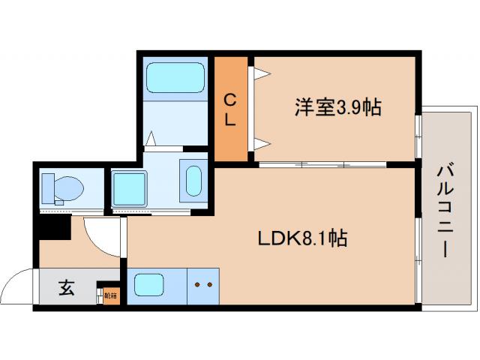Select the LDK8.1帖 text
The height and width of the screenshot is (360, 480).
(303, 238)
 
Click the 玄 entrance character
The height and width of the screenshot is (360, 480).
(67, 288)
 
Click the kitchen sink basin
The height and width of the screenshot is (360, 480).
(149, 286)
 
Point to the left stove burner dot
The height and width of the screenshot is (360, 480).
(197, 285)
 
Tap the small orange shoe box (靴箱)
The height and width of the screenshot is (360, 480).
(110, 295)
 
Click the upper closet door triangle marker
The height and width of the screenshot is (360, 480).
(260, 73)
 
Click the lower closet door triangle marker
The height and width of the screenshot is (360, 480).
(260, 142)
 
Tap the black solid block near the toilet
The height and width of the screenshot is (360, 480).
(54, 226)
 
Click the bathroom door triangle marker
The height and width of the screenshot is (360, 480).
(151, 139)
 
